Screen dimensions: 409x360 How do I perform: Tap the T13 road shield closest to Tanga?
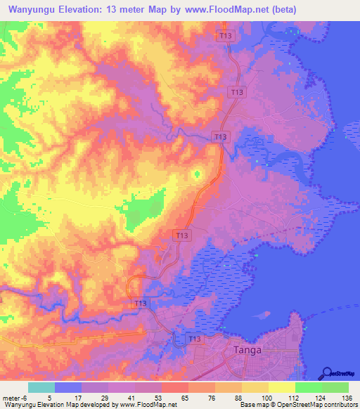click(x=195, y=339)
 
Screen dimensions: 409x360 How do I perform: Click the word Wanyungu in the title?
click(x=34, y=10)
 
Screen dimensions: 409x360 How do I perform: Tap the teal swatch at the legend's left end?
click(x=41, y=387)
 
